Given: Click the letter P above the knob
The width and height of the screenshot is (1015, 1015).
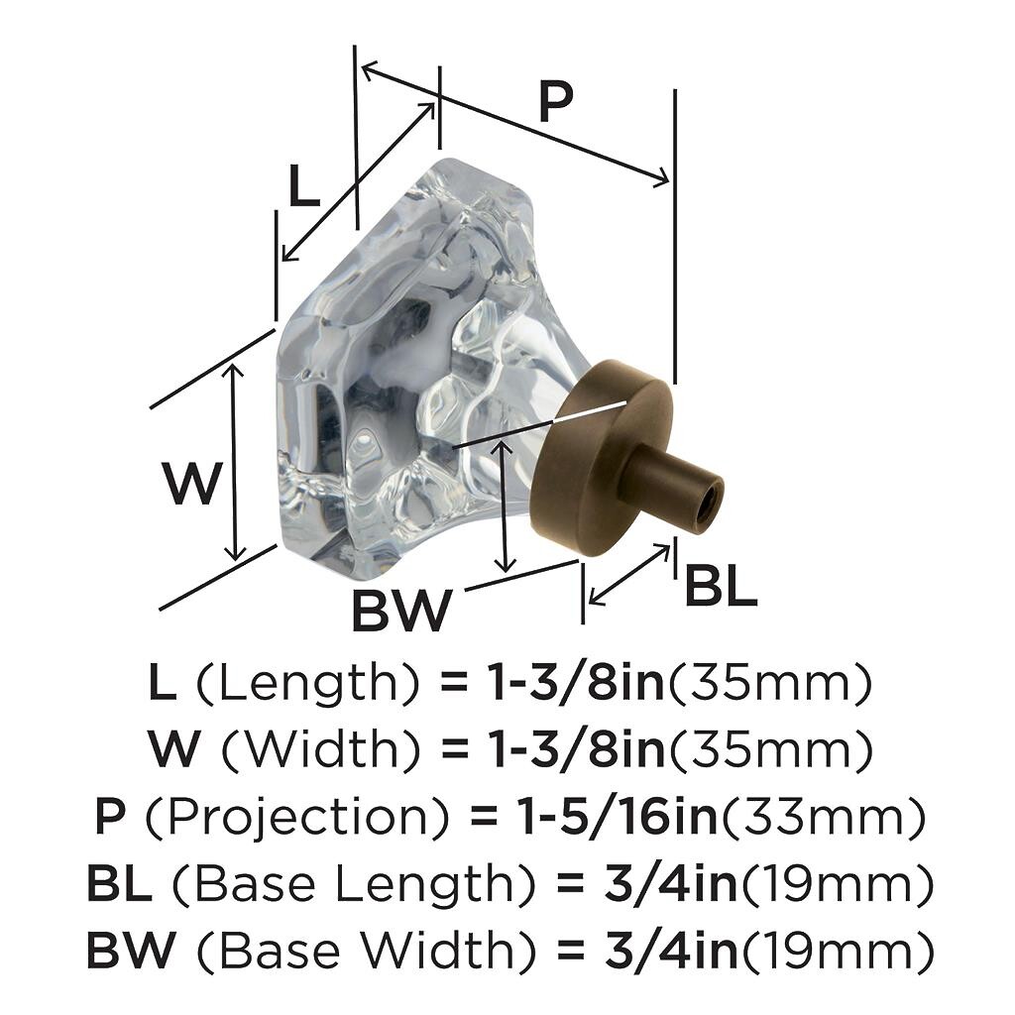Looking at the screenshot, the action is [556, 102].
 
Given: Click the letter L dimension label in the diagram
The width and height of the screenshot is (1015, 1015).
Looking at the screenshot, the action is [303, 185].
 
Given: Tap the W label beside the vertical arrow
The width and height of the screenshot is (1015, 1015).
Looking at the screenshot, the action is [193, 484].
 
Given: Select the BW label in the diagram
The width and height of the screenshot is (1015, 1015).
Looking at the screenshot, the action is [401, 610].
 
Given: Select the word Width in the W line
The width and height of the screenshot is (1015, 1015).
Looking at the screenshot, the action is [321, 749].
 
